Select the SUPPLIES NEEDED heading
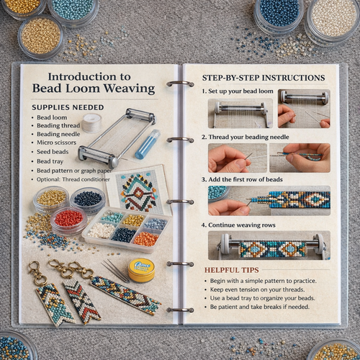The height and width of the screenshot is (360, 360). [x=68, y=107]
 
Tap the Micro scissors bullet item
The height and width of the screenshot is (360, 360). [x=60, y=141]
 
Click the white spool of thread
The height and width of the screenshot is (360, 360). [x=91, y=122]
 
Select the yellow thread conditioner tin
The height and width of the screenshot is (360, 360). [x=141, y=269]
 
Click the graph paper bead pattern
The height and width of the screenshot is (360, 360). [x=137, y=188]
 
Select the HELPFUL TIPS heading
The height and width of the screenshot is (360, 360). [x=232, y=269]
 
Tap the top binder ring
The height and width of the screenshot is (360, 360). [x=180, y=84]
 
